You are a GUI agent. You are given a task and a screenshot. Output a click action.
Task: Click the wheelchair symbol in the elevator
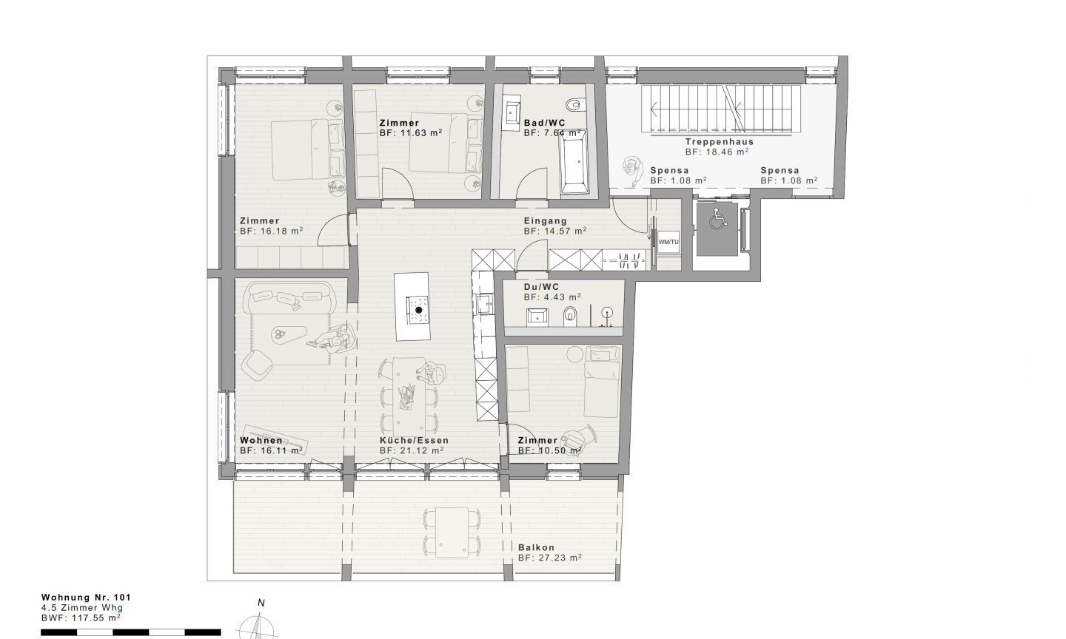pyautogui.click(x=716, y=219)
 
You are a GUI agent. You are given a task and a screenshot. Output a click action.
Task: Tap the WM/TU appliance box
pyautogui.click(x=668, y=242)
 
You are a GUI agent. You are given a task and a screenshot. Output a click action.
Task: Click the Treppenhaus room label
pyautogui.click(x=720, y=142)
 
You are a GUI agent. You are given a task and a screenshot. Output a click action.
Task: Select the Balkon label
pyautogui.click(x=536, y=548)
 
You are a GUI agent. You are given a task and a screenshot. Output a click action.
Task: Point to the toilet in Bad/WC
pyautogui.click(x=574, y=104)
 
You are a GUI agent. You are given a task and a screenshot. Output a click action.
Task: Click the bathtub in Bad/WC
pyautogui.click(x=574, y=162)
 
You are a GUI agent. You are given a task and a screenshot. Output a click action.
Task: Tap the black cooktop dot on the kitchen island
pyautogui.click(x=419, y=311)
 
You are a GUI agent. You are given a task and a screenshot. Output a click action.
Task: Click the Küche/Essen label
pyautogui.click(x=414, y=440)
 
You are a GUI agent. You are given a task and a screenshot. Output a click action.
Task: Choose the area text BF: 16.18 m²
pyautogui.click(x=271, y=231)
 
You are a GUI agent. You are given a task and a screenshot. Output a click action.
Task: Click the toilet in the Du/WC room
pyautogui.click(x=570, y=317)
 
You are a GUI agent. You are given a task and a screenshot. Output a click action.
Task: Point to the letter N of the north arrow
pyautogui.click(x=261, y=603)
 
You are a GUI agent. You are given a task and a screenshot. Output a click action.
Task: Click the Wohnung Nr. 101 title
pyautogui.click(x=86, y=598)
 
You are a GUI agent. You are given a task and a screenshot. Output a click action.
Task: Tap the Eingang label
pyautogui.click(x=546, y=221)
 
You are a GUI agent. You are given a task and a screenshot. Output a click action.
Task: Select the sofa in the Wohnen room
pyautogui.click(x=289, y=297)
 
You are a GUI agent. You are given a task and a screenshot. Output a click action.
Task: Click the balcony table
pyautogui.click(x=452, y=532)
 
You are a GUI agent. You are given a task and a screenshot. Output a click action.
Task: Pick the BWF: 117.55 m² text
pyautogui.click(x=81, y=618)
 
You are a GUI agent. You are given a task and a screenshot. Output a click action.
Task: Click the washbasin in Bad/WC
pyautogui.click(x=512, y=113)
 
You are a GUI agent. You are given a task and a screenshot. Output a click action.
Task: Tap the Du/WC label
pyautogui.click(x=541, y=287)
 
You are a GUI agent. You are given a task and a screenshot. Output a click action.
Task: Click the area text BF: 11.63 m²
pyautogui.click(x=411, y=133)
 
